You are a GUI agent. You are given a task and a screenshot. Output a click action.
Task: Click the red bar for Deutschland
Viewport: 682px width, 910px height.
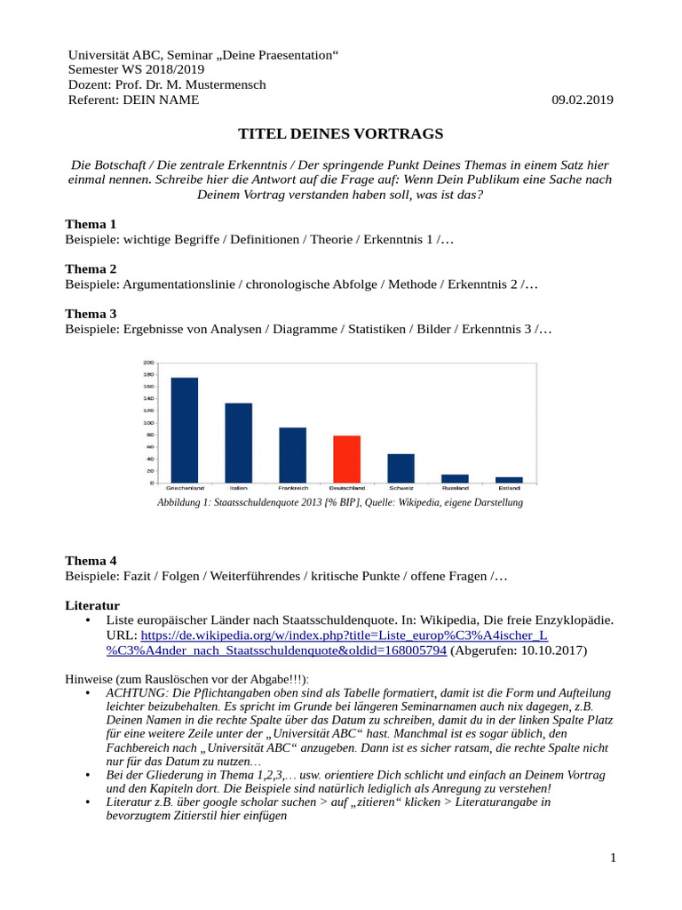click(346, 459)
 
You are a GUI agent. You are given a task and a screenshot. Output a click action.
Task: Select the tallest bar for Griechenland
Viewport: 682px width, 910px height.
click(185, 430)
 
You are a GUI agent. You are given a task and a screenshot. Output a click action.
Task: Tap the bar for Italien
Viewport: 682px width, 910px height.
click(238, 443)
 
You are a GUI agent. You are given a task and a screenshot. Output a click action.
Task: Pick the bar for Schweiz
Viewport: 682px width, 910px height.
click(400, 468)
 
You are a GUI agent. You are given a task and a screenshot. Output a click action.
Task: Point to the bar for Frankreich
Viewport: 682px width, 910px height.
click(292, 455)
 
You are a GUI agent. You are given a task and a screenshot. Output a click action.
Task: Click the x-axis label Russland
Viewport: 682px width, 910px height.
click(455, 489)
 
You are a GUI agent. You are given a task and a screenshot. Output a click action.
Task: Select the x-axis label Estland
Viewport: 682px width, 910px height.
click(509, 489)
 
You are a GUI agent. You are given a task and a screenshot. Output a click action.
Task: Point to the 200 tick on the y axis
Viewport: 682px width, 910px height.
click(148, 363)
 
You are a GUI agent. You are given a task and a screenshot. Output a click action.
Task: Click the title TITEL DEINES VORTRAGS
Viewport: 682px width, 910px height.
click(340, 134)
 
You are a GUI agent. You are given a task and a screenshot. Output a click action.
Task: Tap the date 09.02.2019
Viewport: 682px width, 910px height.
click(582, 100)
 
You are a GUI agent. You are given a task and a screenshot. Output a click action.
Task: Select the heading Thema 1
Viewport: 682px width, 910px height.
click(91, 224)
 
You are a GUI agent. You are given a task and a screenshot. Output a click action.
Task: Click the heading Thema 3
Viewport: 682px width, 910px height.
click(91, 314)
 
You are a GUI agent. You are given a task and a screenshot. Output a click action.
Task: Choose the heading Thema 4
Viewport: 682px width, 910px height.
click(91, 561)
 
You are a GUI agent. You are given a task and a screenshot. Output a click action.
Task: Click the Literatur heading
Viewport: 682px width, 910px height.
click(94, 604)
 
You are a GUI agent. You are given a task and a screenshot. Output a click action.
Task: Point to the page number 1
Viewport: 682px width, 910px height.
click(613, 858)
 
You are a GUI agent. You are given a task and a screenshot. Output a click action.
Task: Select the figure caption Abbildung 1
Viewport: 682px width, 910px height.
click(339, 503)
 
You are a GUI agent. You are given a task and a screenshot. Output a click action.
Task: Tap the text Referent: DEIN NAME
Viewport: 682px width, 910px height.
click(133, 100)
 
